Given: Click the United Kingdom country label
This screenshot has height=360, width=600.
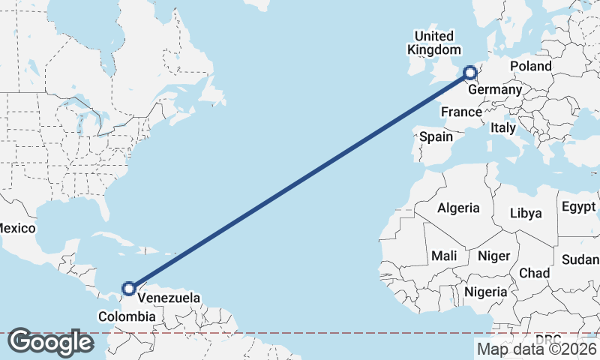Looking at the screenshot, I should click(x=434, y=43).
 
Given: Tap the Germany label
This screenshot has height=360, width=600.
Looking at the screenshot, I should click(x=494, y=90).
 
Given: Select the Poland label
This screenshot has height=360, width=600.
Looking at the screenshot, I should click(x=530, y=66).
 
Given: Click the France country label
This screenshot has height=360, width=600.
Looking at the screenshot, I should click(x=460, y=112).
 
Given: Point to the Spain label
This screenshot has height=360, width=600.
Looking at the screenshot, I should click(x=436, y=136).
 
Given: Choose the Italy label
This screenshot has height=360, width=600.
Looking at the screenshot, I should click(x=503, y=128).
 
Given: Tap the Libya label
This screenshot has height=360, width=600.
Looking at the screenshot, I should click(x=525, y=213).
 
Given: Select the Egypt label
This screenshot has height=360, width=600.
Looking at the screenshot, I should click(x=578, y=207).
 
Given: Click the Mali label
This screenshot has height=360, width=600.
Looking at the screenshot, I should click(x=444, y=256).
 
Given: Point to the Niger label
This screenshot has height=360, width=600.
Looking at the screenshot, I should click(x=493, y=256).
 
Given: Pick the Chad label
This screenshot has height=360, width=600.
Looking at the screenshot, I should click(x=534, y=273).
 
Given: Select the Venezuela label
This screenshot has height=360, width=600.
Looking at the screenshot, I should click(x=169, y=298).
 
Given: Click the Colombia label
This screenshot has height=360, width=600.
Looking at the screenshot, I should click(x=127, y=317).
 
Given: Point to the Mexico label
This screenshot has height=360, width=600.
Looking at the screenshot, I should click(x=13, y=226).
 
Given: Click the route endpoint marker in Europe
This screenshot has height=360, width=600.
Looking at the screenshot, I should click(x=470, y=73).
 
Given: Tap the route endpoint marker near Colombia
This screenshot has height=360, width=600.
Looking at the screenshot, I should click(x=129, y=288).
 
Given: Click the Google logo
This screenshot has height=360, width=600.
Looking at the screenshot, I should click(x=50, y=342).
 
